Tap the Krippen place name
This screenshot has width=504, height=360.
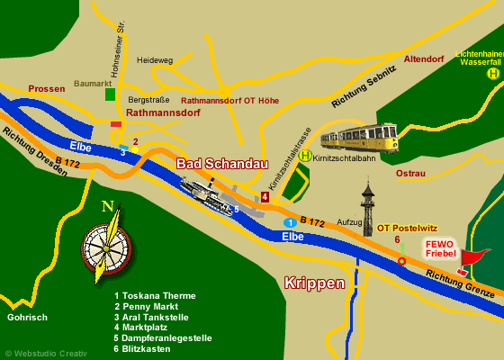tap(314, 283)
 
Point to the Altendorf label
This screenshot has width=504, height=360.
tap(424, 59)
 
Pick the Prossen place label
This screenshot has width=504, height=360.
tap(47, 89)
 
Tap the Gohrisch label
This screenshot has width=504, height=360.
tap(27, 317)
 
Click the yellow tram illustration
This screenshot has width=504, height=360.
tap(360, 138)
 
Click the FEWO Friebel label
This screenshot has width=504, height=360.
tap(440, 248)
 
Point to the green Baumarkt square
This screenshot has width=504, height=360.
tap(110, 94)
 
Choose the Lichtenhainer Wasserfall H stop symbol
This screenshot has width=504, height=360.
tap(492, 74)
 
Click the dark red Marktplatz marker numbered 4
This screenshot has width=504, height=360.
tap(265, 197)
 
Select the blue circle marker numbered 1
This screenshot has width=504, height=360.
tap(290, 222)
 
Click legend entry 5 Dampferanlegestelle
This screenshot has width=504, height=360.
tap(163, 337)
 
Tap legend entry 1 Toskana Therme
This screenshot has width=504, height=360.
tap(155, 295)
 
